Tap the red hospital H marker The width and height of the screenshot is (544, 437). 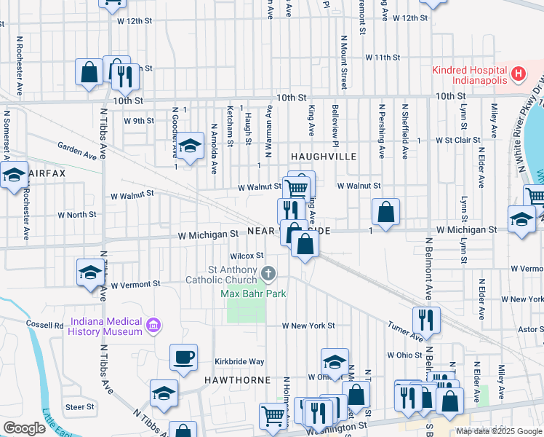518,74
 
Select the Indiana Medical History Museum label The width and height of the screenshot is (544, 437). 105,326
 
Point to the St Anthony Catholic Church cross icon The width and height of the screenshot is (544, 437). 268,274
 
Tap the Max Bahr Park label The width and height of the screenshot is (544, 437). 254,294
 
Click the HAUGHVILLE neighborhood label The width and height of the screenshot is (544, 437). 323,157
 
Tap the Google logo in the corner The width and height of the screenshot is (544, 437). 25,428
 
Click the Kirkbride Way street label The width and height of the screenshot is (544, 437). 239,361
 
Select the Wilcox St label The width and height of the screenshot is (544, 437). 246,256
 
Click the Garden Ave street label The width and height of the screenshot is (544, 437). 78,151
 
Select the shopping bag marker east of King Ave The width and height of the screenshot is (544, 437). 386,212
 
